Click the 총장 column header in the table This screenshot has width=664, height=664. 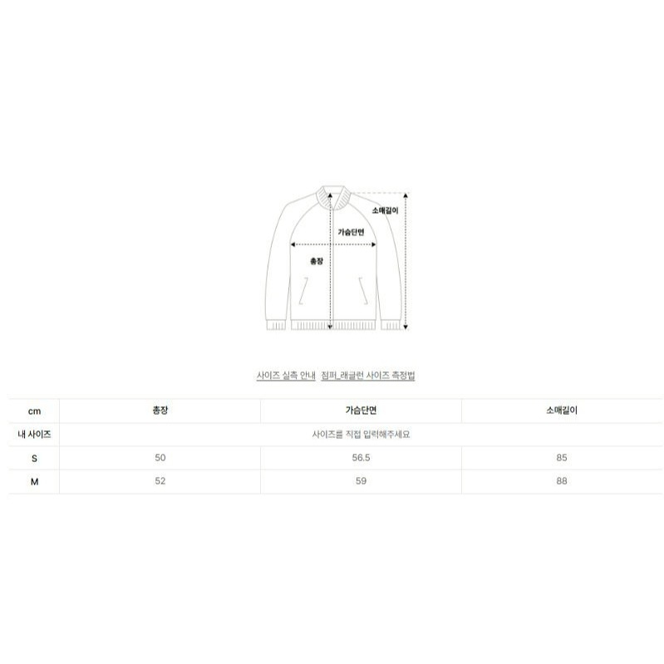(x=160, y=411)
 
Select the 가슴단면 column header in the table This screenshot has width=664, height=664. (x=361, y=411)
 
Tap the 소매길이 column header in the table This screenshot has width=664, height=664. (x=562, y=411)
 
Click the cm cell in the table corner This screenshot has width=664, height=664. (x=34, y=411)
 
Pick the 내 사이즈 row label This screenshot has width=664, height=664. (x=34, y=434)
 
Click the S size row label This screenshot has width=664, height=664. (x=34, y=458)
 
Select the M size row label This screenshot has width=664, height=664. (x=34, y=481)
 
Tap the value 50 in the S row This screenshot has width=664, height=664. (x=160, y=457)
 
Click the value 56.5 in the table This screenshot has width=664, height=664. (x=361, y=457)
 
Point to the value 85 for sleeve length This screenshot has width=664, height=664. (x=562, y=457)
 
